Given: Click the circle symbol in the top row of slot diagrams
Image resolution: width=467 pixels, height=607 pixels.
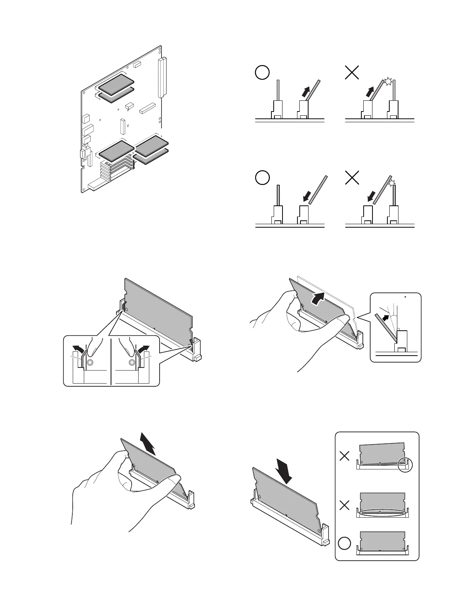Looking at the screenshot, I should tap(262, 72).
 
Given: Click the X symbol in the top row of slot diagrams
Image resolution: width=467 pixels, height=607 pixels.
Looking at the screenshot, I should tap(352, 72).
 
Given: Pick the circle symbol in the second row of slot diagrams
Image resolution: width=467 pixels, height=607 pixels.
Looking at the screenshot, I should tap(262, 178).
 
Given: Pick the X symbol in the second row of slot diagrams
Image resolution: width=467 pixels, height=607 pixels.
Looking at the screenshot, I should tap(352, 178).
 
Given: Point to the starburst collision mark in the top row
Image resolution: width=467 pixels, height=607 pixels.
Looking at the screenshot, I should tap(389, 81).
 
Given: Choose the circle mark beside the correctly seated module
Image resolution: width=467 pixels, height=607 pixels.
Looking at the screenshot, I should tap(345, 544).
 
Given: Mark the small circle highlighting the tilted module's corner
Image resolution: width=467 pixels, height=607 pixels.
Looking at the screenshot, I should tap(405, 464).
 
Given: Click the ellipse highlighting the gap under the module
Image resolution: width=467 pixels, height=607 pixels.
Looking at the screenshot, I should tap(382, 512).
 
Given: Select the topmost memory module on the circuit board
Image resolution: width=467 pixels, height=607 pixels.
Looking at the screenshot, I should tap(116, 84).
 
